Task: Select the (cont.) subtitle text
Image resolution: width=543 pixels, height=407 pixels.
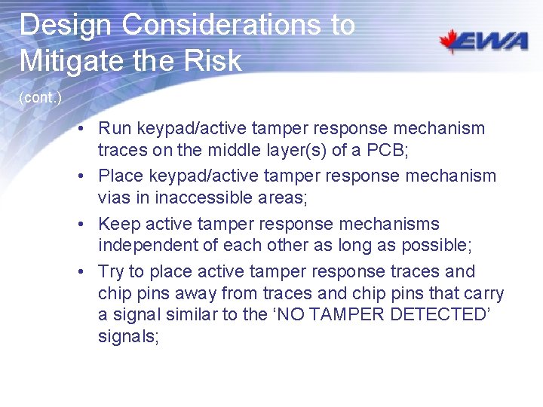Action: tap(40, 98)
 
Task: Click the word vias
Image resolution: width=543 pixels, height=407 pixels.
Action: tap(114, 197)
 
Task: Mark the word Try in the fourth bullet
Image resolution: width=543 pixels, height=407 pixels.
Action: tap(112, 272)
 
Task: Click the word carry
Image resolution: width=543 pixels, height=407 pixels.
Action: tap(483, 293)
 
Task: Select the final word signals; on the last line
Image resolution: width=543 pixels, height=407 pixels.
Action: tap(128, 336)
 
